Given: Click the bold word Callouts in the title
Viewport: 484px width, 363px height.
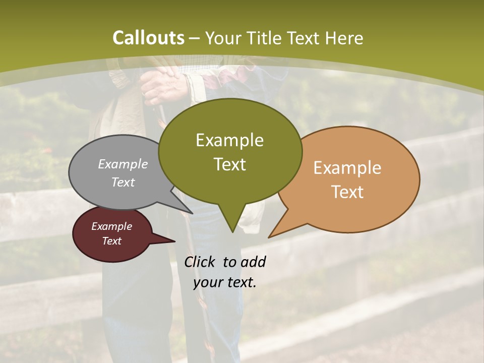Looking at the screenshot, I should coord(148,38).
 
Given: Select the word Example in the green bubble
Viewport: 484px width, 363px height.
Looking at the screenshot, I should coord(229,140).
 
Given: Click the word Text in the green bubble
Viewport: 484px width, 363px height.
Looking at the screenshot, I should coord(229,164).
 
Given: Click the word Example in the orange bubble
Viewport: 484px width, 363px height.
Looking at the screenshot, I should coord(347,168).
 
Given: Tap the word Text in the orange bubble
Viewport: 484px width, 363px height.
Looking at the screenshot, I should coord(347,192).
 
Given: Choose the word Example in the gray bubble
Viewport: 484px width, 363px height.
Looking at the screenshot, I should coord(123,164).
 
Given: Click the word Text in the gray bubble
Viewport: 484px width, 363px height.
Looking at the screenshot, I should coord(123,183).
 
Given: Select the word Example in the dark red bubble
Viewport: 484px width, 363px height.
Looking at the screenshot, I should coord(111,226).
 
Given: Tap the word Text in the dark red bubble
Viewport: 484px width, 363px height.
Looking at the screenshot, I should coord(111,241).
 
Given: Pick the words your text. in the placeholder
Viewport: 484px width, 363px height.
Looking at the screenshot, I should coord(225,282).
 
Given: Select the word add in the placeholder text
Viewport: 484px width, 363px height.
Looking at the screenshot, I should coord(253,262).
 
